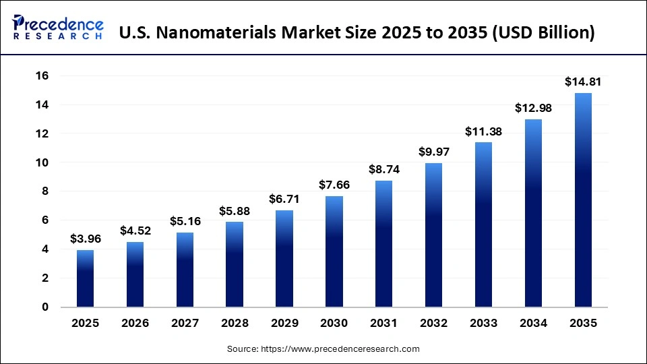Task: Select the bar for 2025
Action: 86,278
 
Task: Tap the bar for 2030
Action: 334,251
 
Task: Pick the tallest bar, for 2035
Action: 583,200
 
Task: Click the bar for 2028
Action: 235,264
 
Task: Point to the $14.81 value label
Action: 583,82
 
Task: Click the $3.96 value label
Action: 86,239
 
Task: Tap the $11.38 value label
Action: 483,131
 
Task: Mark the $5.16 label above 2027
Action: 185,221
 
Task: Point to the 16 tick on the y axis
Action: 42,76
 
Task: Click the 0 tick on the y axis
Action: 45,307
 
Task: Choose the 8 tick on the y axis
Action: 45,191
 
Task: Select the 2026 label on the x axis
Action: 135,324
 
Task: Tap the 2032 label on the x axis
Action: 433,324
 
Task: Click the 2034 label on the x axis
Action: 533,324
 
